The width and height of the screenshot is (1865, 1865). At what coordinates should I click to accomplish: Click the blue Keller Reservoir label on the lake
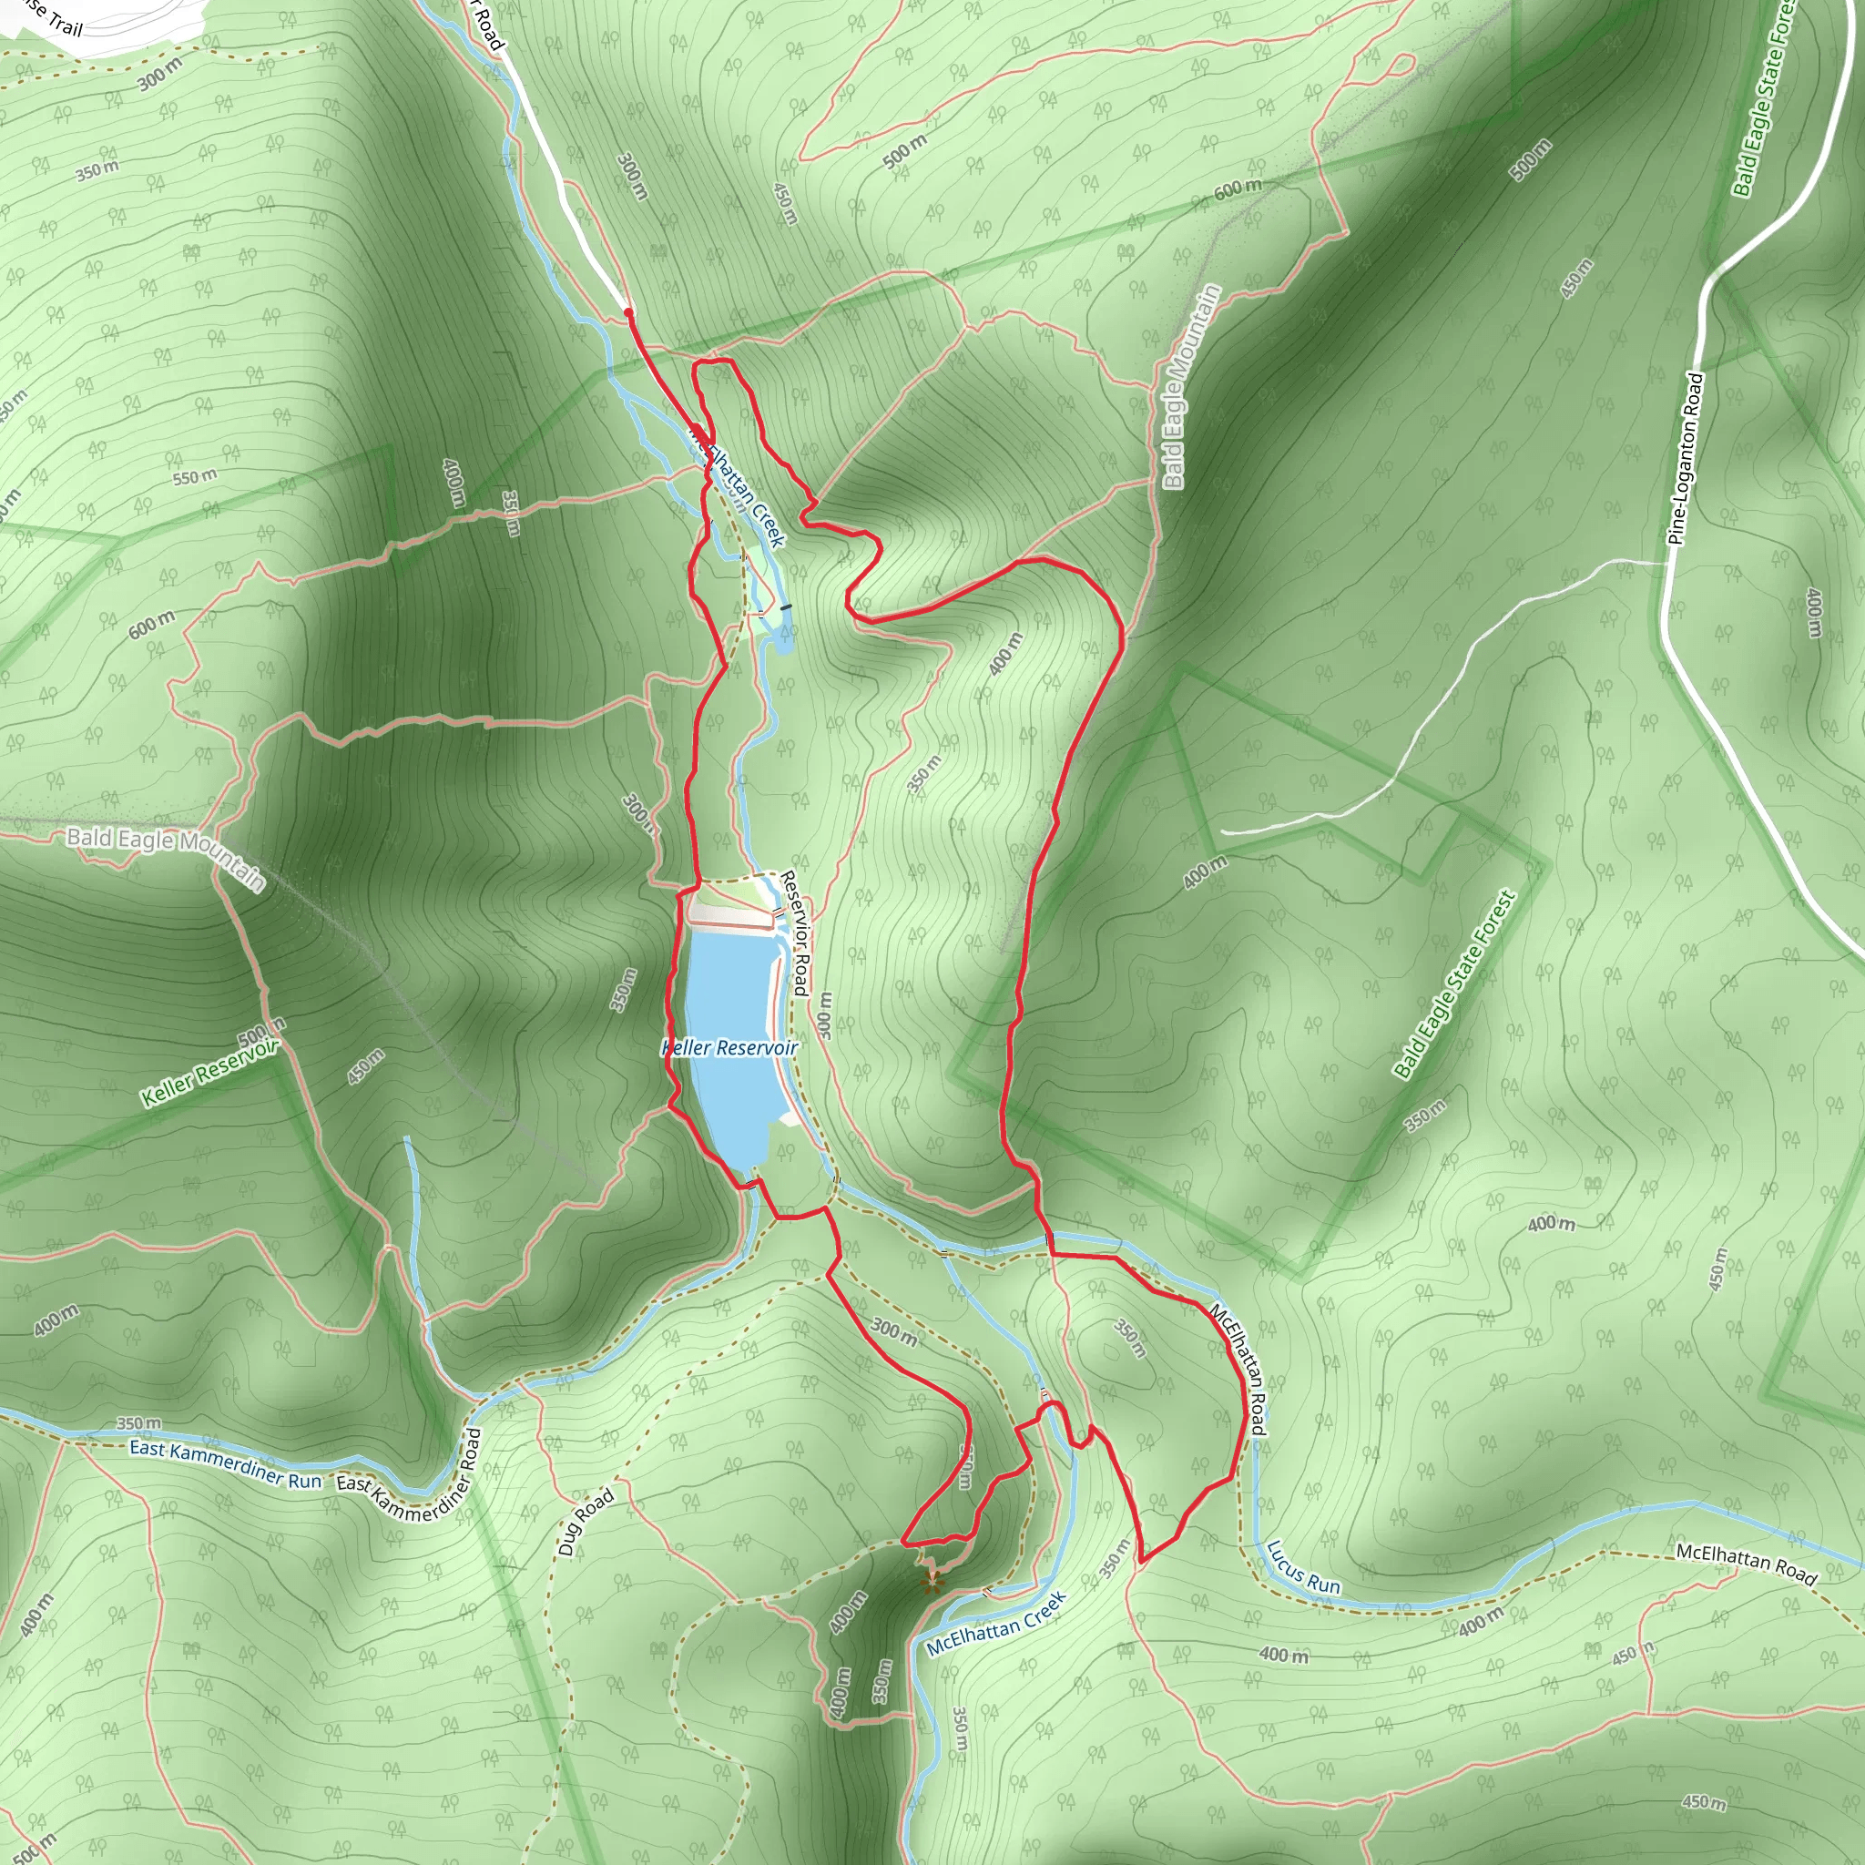(729, 1048)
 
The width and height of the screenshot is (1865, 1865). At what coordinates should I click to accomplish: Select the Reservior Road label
(794, 932)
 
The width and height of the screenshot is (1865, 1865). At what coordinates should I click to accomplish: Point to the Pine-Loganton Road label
(1687, 459)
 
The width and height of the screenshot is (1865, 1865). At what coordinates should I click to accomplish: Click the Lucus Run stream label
(1302, 1565)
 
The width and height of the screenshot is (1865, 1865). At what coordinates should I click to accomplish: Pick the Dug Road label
(585, 1523)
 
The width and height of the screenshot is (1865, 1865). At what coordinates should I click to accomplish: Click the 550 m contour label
(194, 477)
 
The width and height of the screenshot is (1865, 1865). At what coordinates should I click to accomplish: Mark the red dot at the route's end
(628, 312)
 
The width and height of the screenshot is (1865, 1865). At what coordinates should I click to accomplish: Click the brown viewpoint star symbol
(931, 1581)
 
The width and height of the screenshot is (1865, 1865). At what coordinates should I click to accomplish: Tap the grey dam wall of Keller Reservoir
(729, 914)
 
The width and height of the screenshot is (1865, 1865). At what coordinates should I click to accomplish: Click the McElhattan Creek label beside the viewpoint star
(996, 1623)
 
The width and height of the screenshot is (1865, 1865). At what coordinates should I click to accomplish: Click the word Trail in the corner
(65, 25)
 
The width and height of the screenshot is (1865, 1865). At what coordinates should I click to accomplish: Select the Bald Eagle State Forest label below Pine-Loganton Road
(1452, 984)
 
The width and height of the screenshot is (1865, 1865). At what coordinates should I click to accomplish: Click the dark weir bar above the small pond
(786, 607)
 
